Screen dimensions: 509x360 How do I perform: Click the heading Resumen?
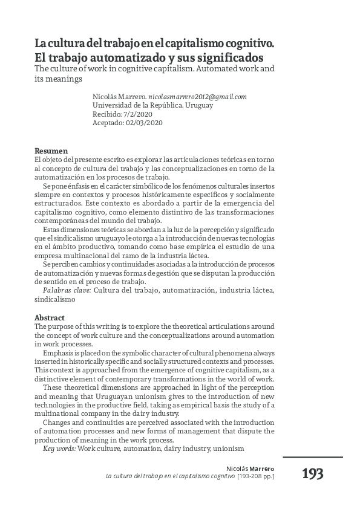[51, 151]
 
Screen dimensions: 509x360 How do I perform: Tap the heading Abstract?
[50, 317]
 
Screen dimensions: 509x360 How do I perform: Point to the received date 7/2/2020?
[140, 114]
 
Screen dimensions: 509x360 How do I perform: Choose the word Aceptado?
[108, 122]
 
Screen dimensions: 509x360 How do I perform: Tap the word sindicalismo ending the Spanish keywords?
[54, 299]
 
